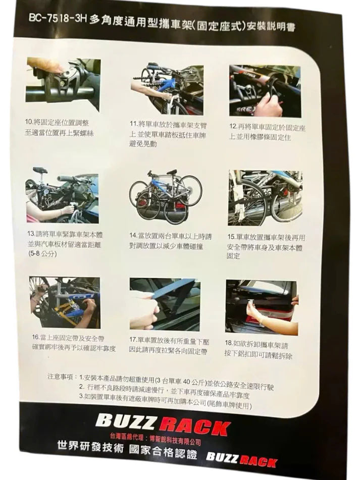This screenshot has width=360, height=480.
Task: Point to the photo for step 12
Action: (265, 91)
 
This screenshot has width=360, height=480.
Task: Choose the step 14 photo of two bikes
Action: (165, 196)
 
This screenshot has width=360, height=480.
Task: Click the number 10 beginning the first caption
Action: (29, 122)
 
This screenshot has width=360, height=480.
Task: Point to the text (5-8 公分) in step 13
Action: (42, 253)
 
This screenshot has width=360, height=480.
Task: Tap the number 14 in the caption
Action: (133, 236)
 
